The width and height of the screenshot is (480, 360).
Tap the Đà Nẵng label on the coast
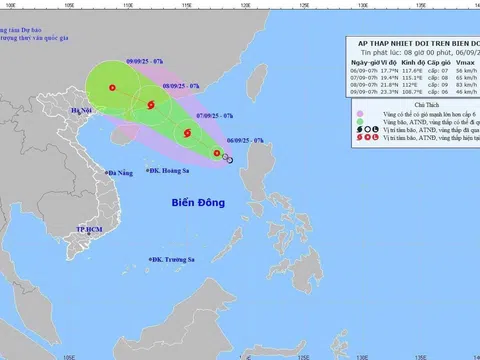[115, 172]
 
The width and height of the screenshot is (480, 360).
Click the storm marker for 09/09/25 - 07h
[112, 88]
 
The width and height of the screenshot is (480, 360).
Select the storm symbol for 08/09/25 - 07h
[151, 106]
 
